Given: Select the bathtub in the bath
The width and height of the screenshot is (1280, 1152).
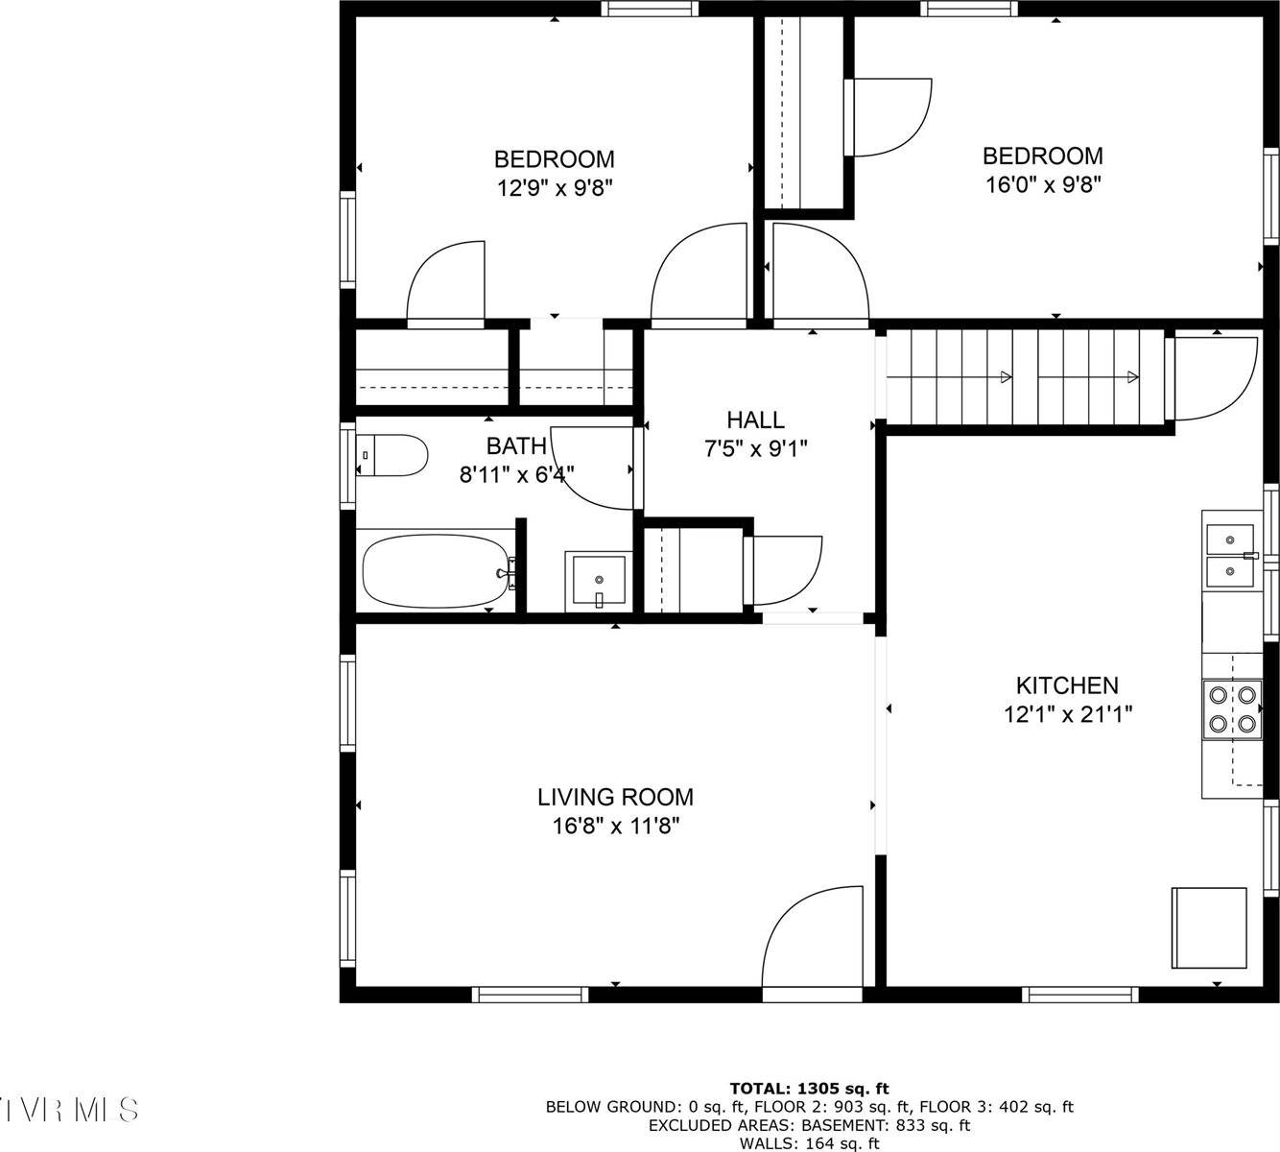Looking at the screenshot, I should click(437, 570).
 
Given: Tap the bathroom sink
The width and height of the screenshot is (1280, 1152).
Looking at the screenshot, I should click(598, 581).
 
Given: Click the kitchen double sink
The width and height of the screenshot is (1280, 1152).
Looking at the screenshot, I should click(1230, 554).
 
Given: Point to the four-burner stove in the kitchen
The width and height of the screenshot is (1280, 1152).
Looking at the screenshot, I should click(1232, 709).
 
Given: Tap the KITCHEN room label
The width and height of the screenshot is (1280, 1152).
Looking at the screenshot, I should click(1067, 685).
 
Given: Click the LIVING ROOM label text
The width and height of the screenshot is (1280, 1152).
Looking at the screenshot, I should click(615, 797).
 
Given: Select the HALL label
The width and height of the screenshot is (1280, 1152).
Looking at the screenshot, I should click(755, 420).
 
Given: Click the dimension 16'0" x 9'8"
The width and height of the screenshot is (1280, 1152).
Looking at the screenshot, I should click(1042, 184).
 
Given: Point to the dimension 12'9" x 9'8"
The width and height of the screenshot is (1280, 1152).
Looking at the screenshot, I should click(554, 187).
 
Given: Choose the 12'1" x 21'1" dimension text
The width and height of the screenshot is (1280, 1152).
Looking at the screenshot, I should click(1068, 714).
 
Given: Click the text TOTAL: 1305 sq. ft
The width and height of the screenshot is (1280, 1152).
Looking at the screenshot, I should click(809, 1088).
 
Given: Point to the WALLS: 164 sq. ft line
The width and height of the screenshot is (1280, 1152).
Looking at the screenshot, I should click(809, 1143).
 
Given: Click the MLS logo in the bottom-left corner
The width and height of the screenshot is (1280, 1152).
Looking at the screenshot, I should click(70, 1110).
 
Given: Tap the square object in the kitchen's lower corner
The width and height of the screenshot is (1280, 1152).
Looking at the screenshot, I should click(1208, 927).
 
